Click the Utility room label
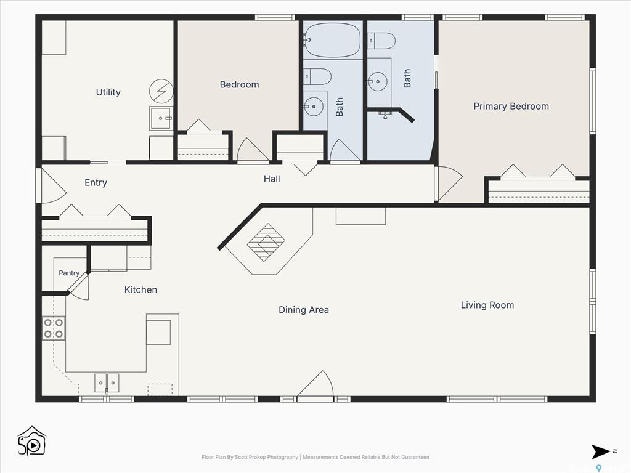coord(108,92)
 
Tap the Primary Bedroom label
coord(511,106)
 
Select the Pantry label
coord(69,273)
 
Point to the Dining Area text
coord(304,310)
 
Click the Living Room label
coord(487,305)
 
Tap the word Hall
coord(272,179)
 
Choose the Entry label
coord(96,182)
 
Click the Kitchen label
coord(140,289)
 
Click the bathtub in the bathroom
coord(333,40)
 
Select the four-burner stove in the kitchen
coord(54,329)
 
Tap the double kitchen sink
coord(107,383)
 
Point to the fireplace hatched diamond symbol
coord(266,243)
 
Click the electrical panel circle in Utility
coord(161,91)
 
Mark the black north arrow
coord(601,451)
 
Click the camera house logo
coord(32,441)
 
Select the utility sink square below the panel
coord(161,118)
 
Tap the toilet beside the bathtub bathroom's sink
coord(317,76)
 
